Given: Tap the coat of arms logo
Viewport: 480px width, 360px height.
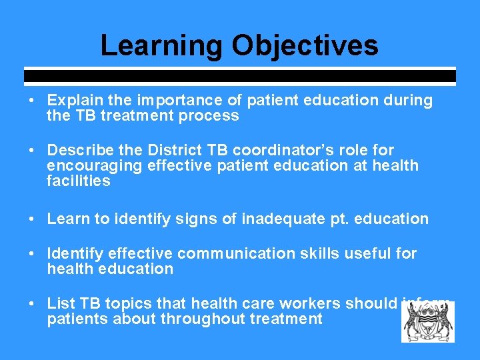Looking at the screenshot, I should click(x=427, y=321).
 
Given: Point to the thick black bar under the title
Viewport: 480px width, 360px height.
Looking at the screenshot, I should click(x=240, y=76).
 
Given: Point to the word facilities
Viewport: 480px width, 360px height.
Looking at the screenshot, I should click(x=78, y=181).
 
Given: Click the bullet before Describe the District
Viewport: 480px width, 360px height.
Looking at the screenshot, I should click(x=31, y=151).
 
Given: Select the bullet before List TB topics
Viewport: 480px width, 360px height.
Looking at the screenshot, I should click(x=31, y=304).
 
